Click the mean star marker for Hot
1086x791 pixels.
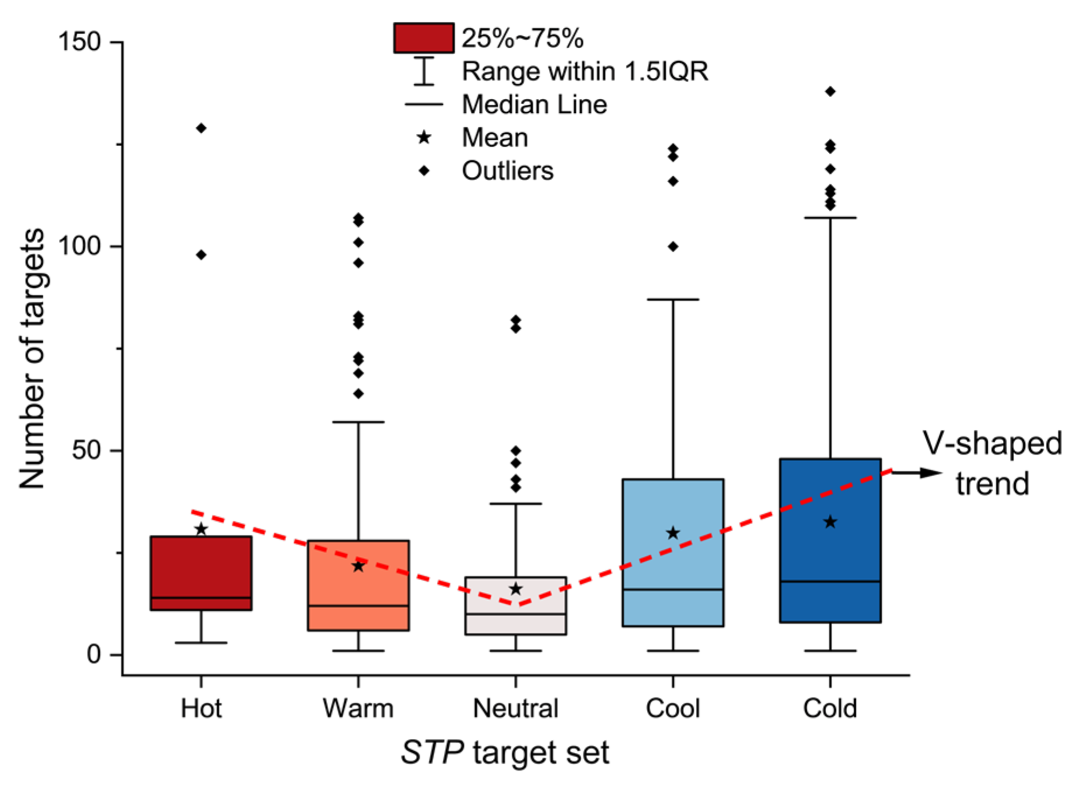[201, 530]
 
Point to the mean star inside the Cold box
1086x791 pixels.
[830, 522]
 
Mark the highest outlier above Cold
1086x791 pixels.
[830, 92]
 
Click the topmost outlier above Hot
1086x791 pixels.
[201, 128]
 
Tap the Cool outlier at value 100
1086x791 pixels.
[673, 247]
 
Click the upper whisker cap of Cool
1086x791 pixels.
[673, 300]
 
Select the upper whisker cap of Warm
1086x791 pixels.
[358, 422]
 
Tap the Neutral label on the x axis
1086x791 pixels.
[515, 708]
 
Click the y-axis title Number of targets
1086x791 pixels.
[32, 358]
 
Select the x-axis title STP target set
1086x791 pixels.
[505, 752]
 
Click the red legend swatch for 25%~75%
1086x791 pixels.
[424, 38]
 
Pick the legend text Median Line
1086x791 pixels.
[534, 105]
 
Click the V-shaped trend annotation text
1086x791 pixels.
[991, 463]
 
